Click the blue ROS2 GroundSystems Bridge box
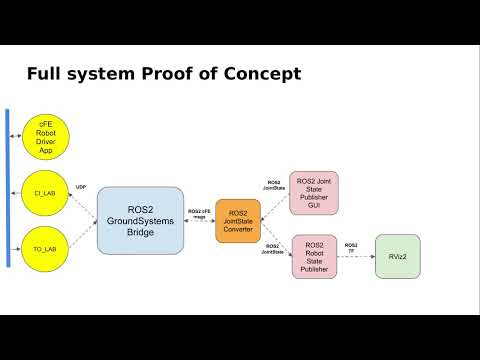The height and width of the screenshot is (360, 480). pos(140,219)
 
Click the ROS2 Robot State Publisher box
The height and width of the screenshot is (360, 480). pos(314,256)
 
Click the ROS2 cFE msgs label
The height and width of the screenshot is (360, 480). pos(200,214)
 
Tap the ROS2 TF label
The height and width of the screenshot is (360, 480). pos(352,247)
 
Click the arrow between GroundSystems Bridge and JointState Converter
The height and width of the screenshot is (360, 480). pos(200,223)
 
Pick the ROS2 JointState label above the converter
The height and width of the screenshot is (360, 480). pos(274,185)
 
